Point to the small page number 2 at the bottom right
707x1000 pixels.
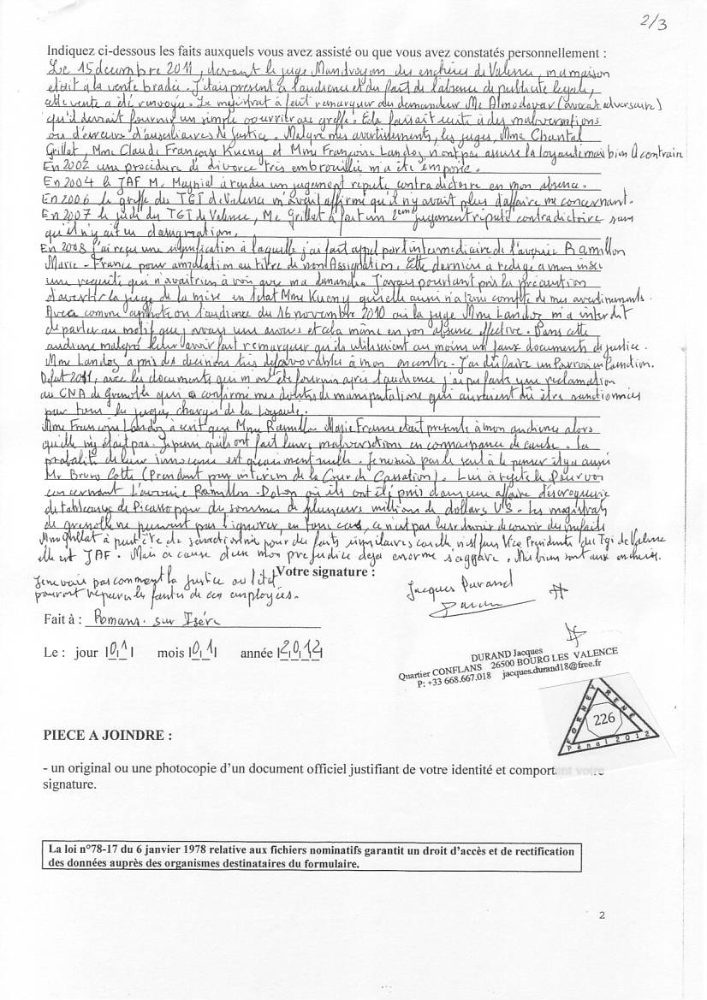click(x=603, y=915)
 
